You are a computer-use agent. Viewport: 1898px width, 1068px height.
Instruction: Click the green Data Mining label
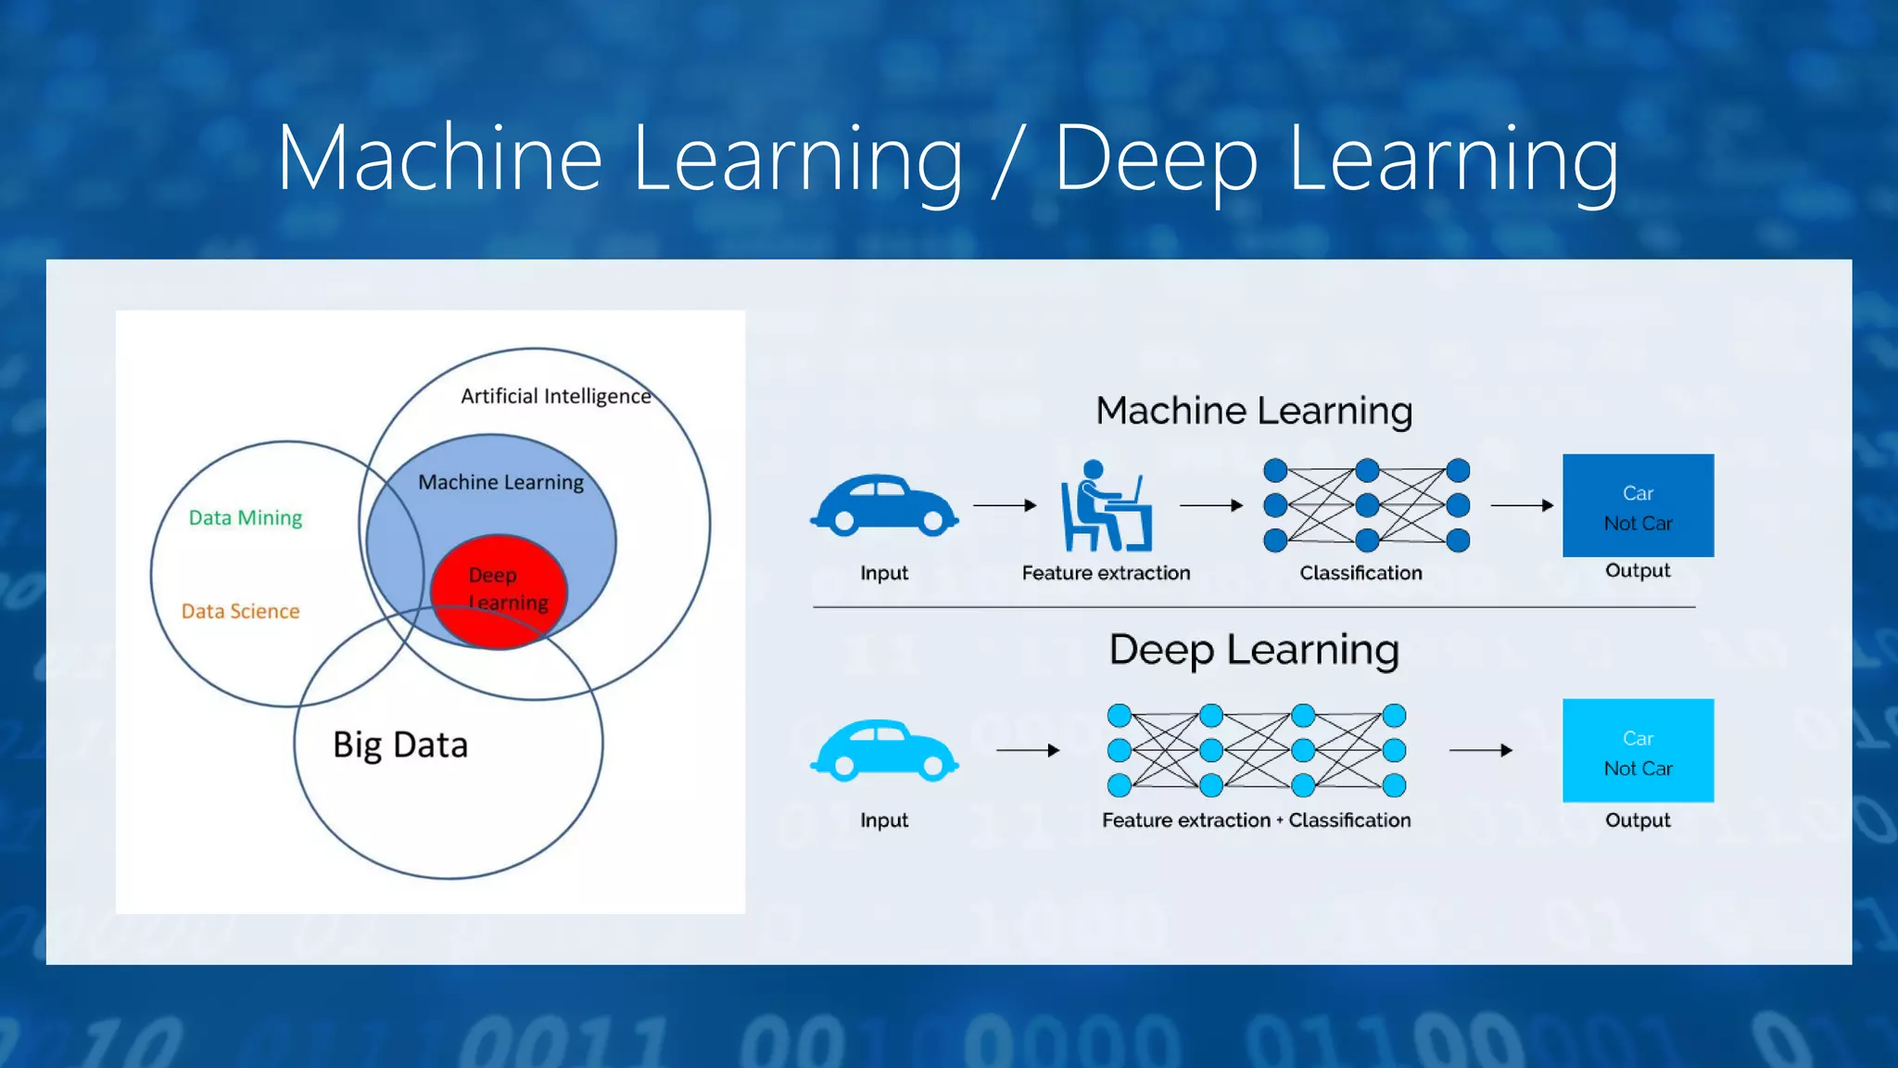246,517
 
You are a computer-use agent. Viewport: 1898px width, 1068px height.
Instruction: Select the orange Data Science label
240,611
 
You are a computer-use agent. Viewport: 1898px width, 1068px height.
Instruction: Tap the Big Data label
400,745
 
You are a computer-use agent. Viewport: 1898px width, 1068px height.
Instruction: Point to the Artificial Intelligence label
556,397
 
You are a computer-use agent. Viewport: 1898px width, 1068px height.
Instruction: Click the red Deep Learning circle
499,591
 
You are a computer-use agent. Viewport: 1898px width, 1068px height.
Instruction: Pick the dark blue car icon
884,505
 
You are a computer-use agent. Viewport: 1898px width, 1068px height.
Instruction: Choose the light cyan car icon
884,750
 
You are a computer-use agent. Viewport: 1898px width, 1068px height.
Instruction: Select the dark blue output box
1638,505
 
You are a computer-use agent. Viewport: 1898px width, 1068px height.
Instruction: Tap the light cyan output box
1638,750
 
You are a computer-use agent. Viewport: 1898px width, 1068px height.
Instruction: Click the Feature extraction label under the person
1106,573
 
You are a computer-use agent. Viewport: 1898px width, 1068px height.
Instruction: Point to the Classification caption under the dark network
1360,573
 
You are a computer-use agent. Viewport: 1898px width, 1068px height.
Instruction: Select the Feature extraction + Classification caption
1256,820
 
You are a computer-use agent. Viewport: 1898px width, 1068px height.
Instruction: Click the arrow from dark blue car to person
1005,505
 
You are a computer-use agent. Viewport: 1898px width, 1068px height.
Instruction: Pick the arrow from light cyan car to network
1028,750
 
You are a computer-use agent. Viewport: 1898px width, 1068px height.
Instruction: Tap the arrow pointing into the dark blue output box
1522,505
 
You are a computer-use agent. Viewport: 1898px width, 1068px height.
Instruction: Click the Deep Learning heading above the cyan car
1254,650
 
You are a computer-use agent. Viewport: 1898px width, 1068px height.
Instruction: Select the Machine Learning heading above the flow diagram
1254,411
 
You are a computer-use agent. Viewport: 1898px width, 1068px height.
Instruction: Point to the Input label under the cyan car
884,820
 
